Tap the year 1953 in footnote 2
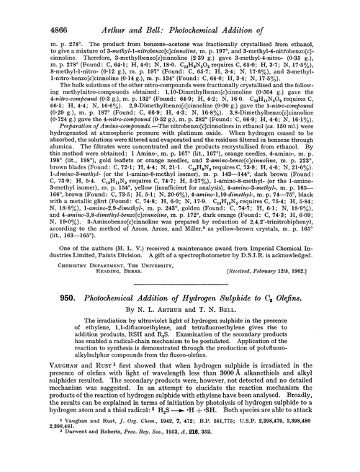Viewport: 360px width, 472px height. (x=169, y=460)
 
